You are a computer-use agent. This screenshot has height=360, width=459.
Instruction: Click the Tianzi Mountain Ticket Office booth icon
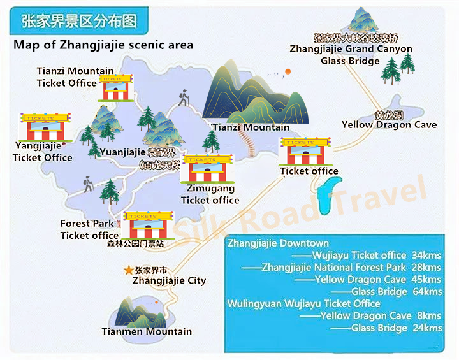coord(115,88)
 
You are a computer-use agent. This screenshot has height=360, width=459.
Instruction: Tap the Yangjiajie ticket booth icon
coord(47,127)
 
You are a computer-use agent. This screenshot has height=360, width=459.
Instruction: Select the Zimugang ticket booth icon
coord(205,168)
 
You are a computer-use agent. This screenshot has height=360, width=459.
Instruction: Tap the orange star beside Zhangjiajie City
coord(129,270)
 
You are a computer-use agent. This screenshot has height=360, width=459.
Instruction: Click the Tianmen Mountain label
coord(147,331)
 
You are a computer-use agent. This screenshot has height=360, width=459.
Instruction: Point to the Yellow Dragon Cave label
coord(389,125)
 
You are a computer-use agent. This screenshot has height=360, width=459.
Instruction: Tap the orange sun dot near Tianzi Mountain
coord(288,71)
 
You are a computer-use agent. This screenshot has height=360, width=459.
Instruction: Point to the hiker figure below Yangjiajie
coord(88,184)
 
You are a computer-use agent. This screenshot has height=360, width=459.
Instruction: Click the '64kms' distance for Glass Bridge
coord(427,292)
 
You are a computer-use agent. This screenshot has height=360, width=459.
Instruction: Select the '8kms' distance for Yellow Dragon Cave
coord(430,316)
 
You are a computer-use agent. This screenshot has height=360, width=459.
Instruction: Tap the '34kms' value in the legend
coord(426,256)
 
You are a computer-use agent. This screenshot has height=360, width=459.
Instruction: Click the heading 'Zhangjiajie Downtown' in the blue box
coord(278,243)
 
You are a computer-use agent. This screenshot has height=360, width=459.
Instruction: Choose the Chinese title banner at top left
coord(80,21)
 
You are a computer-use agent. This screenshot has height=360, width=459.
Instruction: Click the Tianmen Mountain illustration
coord(135,311)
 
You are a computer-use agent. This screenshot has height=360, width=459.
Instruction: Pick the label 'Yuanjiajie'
coord(122,152)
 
